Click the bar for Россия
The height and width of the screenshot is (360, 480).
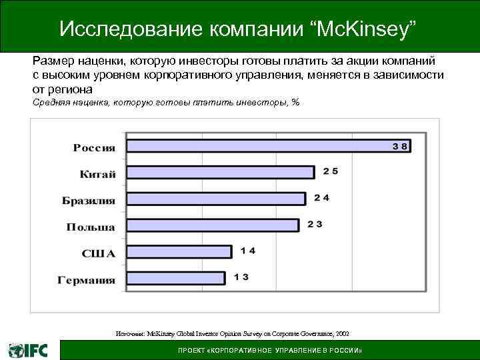tap(268, 146)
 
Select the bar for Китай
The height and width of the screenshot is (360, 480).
tap(220, 172)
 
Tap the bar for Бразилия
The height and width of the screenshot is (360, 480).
tap(216, 199)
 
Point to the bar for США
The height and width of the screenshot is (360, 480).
tap(179, 251)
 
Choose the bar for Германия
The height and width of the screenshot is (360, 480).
tap(175, 278)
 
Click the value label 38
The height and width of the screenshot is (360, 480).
tap(400, 145)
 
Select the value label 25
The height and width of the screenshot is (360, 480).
tap(330, 171)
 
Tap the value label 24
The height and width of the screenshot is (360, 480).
tap(322, 198)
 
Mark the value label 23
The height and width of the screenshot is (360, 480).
tap(315, 225)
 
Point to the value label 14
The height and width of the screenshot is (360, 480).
tap(248, 251)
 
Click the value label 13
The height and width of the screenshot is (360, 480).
tap(241, 277)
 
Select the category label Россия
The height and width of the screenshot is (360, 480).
tap(94, 148)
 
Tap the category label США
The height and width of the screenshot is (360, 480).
tap(99, 253)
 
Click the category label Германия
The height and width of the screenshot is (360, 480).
tap(86, 280)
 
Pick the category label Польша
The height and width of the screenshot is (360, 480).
tap(90, 227)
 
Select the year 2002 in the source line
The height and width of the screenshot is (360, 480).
tap(341, 333)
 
